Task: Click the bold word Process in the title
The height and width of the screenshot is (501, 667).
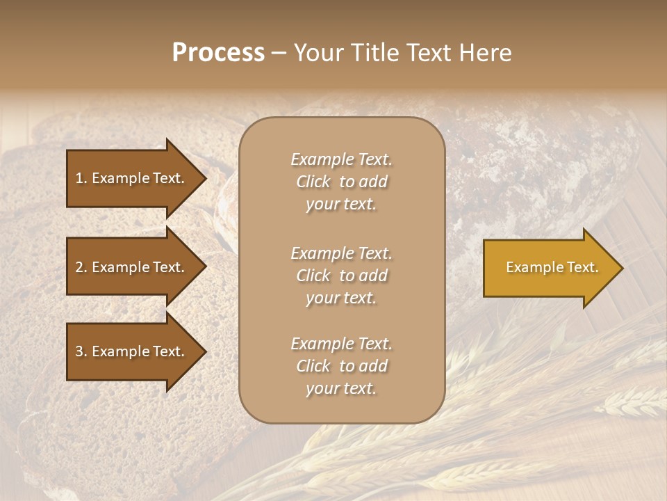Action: [218, 53]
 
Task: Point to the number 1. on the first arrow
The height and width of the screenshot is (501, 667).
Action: [81, 178]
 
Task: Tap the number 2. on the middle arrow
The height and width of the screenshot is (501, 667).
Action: [81, 267]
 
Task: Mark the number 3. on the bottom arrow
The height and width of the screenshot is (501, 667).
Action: [81, 351]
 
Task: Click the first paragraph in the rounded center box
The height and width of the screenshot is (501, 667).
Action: [341, 182]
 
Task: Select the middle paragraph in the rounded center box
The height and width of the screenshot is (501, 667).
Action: [341, 276]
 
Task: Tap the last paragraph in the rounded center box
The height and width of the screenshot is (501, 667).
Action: [341, 366]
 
